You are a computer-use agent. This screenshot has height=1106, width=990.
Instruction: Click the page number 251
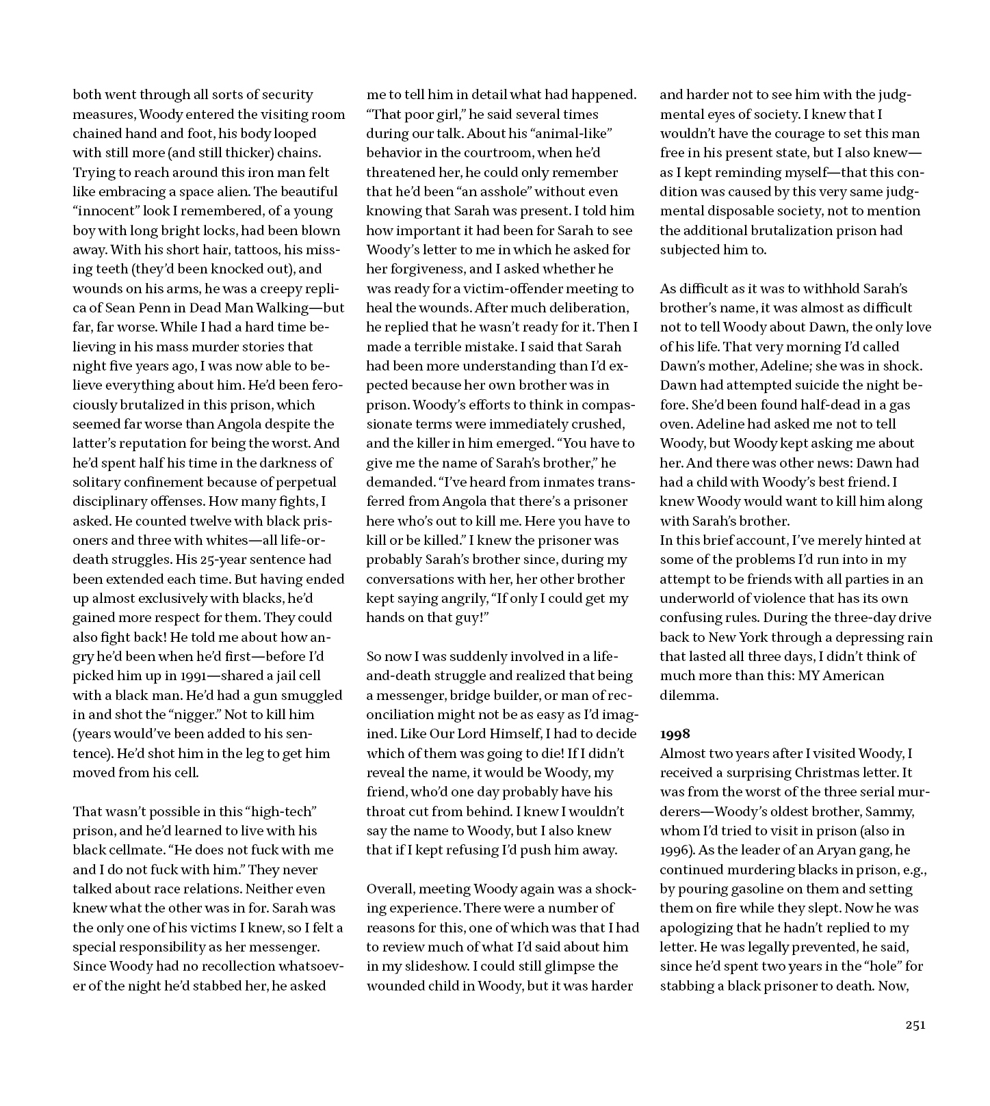pos(915,1025)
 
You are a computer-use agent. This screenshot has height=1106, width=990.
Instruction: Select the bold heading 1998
pos(675,734)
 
